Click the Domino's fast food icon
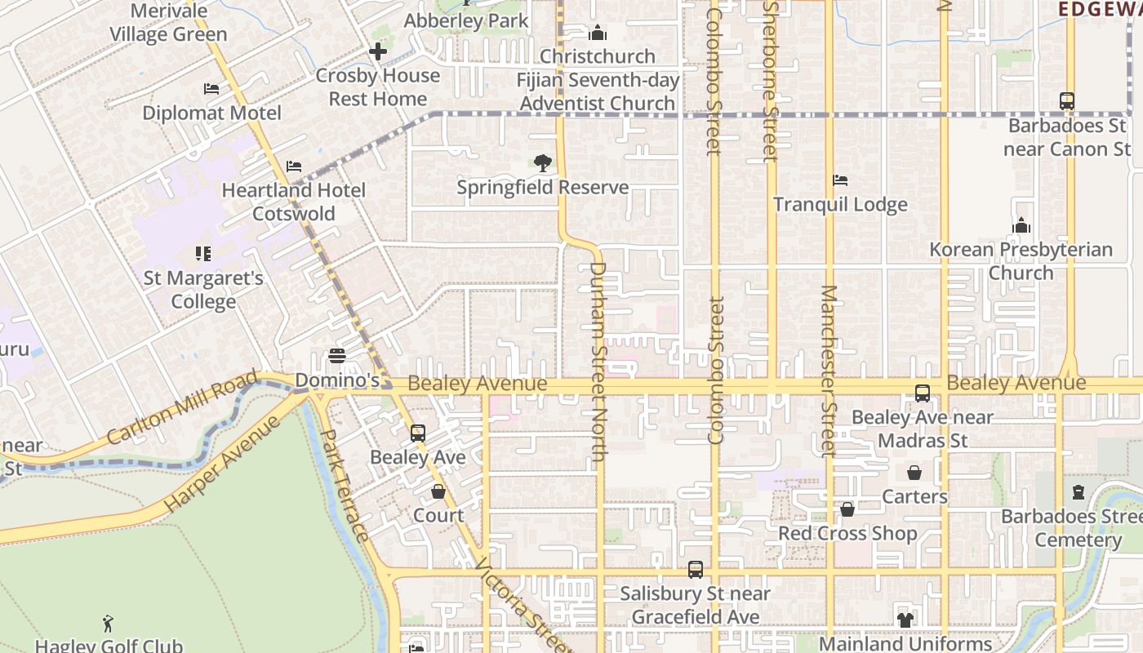(336, 356)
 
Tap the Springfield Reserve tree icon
(542, 163)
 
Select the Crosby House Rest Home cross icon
(377, 51)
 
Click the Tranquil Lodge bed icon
(839, 180)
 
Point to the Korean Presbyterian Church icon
(1021, 225)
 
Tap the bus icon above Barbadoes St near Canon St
(1066, 101)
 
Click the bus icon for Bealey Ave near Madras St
(922, 393)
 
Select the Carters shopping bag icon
(914, 473)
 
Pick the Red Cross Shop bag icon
(847, 509)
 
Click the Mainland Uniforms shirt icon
(905, 620)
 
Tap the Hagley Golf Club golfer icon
(108, 624)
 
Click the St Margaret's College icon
(202, 254)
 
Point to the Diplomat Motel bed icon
(211, 89)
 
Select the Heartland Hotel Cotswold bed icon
(294, 167)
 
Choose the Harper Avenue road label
(222, 464)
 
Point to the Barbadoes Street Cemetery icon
(1079, 492)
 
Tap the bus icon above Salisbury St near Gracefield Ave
(695, 569)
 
